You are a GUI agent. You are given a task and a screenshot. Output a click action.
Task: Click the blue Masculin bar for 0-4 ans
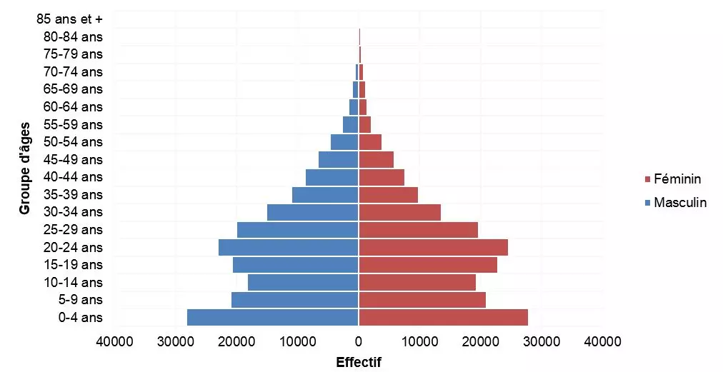(x=272, y=317)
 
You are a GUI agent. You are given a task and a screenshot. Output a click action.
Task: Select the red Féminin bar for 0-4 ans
(x=443, y=317)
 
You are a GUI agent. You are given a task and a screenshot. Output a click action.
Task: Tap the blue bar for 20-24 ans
(x=288, y=247)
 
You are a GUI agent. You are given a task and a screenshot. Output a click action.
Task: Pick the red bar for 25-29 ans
(x=418, y=229)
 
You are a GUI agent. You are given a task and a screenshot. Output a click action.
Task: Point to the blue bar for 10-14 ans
(x=303, y=282)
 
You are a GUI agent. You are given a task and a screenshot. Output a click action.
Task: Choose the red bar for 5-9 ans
(x=422, y=300)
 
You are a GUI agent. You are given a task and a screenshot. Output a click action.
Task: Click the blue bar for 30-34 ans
(x=312, y=212)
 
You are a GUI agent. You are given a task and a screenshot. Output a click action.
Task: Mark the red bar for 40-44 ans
(x=382, y=177)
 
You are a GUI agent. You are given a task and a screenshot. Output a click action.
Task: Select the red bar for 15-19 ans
(x=428, y=264)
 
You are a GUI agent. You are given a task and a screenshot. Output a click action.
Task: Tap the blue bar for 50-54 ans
(x=344, y=142)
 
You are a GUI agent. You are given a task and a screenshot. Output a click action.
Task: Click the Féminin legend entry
(x=677, y=179)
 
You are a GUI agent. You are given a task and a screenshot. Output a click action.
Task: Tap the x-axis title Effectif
(x=359, y=362)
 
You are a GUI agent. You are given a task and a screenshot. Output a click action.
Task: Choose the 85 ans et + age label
(x=69, y=19)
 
